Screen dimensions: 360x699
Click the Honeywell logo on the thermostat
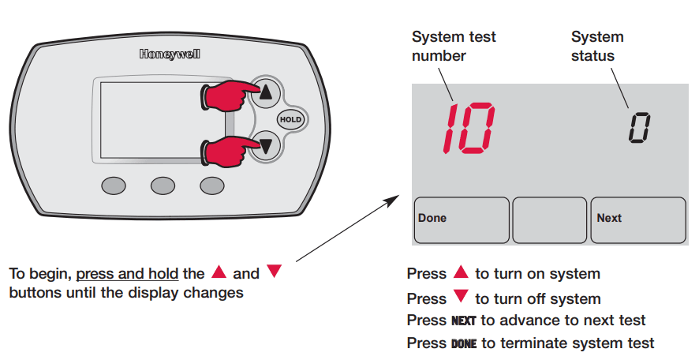[x=169, y=54]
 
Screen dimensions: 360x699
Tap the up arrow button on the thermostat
[x=266, y=92]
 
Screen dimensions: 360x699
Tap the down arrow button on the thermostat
[x=266, y=145]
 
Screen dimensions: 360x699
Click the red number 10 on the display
[x=468, y=127]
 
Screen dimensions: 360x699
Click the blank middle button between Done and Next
[x=549, y=219]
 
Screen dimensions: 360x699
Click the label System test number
[x=454, y=46]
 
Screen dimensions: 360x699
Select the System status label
[x=597, y=46]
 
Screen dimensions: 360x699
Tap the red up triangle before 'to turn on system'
[x=462, y=273]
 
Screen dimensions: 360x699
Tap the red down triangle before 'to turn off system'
[x=462, y=298]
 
